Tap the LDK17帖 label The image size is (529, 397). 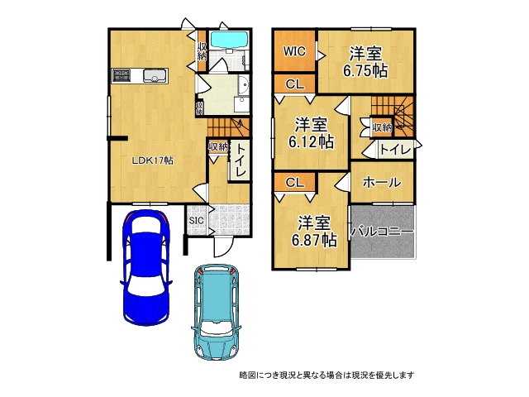[x=153, y=160]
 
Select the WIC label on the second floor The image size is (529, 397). [x=295, y=51]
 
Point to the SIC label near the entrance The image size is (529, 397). [x=196, y=221]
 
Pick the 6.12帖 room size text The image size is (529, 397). [x=311, y=142]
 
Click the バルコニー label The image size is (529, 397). [x=382, y=232]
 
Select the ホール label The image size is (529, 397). [x=381, y=182]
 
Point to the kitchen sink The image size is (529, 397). [x=155, y=77]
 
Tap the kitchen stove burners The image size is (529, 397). [x=122, y=76]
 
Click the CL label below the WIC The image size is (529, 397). [x=295, y=84]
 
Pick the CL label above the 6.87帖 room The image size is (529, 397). [x=295, y=182]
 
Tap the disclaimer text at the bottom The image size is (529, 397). [x=326, y=375]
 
